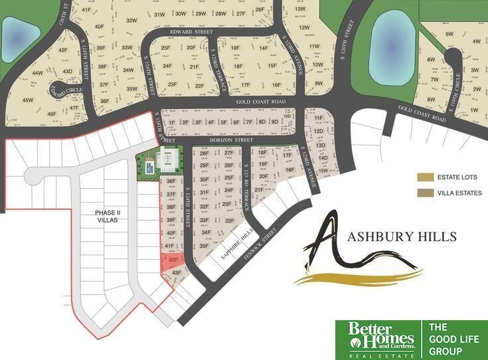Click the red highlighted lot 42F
point(172,260)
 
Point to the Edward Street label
point(186,30)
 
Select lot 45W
point(28,100)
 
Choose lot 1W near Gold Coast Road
point(473,110)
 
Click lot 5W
point(449,34)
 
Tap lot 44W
point(37,73)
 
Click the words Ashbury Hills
point(402,237)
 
